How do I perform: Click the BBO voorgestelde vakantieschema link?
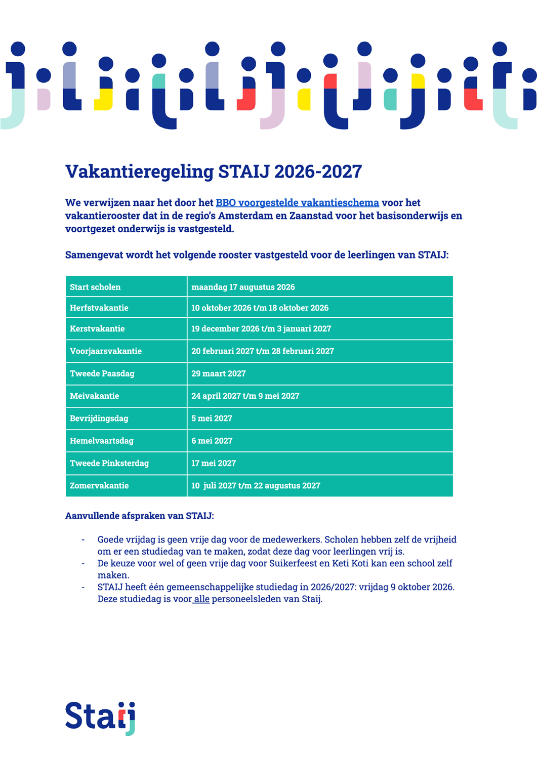point(297,203)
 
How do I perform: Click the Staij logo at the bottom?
point(100,718)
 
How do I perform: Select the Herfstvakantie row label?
point(99,308)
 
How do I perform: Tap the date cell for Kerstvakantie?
point(261,329)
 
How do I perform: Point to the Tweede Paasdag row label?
point(102,373)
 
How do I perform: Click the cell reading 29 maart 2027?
point(219,373)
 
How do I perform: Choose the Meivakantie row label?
point(95,396)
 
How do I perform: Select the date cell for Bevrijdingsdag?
point(212,418)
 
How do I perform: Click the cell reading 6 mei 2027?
point(212,441)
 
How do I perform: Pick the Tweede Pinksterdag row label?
point(109,463)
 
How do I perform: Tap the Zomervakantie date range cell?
point(256,486)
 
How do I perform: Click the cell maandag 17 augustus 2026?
point(243,287)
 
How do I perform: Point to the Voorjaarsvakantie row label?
point(106,351)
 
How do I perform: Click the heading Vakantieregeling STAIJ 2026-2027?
point(214,172)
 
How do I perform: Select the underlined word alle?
point(201,599)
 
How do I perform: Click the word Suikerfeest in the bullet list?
point(293,563)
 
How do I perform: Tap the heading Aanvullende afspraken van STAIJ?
point(140,516)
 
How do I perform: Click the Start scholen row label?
point(95,287)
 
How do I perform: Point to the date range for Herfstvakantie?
point(260,308)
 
